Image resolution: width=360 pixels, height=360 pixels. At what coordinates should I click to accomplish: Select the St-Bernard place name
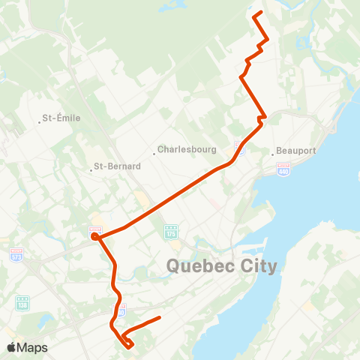pos(117,167)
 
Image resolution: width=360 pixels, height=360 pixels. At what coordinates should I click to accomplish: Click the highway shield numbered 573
pos(16,256)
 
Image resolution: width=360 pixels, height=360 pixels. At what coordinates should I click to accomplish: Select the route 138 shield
pos(22,302)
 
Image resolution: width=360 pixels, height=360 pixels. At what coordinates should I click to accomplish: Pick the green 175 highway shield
pos(170,232)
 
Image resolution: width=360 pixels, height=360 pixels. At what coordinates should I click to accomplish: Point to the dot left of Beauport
pos(273,151)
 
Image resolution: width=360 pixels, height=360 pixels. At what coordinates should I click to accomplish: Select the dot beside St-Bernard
pos(91,168)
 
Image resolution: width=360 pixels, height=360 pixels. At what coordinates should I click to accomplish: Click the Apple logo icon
pos(11,347)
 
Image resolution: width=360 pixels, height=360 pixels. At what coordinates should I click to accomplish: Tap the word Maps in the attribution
pos(33,347)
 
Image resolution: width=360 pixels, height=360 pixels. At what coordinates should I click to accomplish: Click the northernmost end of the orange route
pos(259,13)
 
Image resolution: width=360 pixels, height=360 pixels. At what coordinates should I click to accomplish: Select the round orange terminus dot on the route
pos(95,238)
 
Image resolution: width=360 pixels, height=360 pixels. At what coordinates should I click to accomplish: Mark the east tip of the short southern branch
pos(160,318)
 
